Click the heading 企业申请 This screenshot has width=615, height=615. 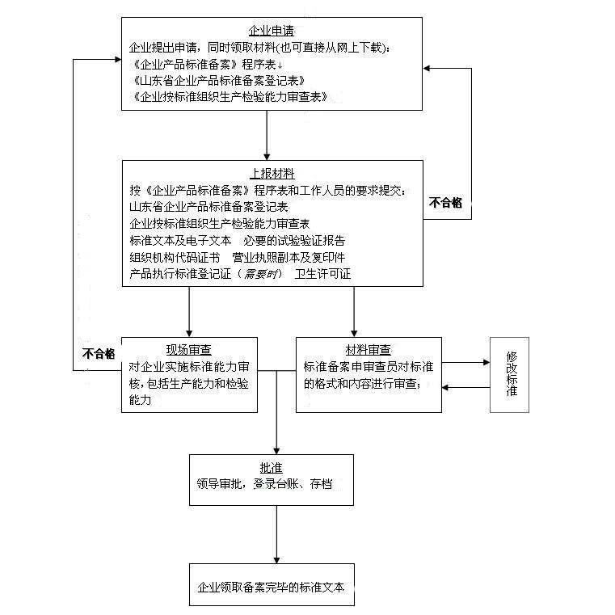pos(272,31)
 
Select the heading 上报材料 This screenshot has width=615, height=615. pos(272,174)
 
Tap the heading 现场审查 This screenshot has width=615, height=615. pos(189,349)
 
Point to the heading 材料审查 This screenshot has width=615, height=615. pos(368,350)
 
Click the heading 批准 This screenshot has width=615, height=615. pos(271,468)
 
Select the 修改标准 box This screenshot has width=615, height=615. pos(511,374)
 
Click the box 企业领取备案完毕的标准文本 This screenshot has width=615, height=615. pos(271,588)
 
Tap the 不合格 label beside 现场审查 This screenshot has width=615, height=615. pos(99,354)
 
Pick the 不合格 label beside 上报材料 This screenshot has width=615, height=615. pos(446,202)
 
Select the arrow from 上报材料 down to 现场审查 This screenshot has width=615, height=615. pos(189,311)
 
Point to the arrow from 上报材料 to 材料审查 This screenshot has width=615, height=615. pos(354,311)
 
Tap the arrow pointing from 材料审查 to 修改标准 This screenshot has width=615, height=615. pos(466,362)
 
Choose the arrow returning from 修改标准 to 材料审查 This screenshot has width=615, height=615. pos(466,388)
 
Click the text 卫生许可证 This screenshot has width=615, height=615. pos(323,273)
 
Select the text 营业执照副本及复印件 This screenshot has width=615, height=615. pos(289,257)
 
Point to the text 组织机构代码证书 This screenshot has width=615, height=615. pos(174,257)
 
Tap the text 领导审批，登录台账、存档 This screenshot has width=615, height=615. pos(263,484)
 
